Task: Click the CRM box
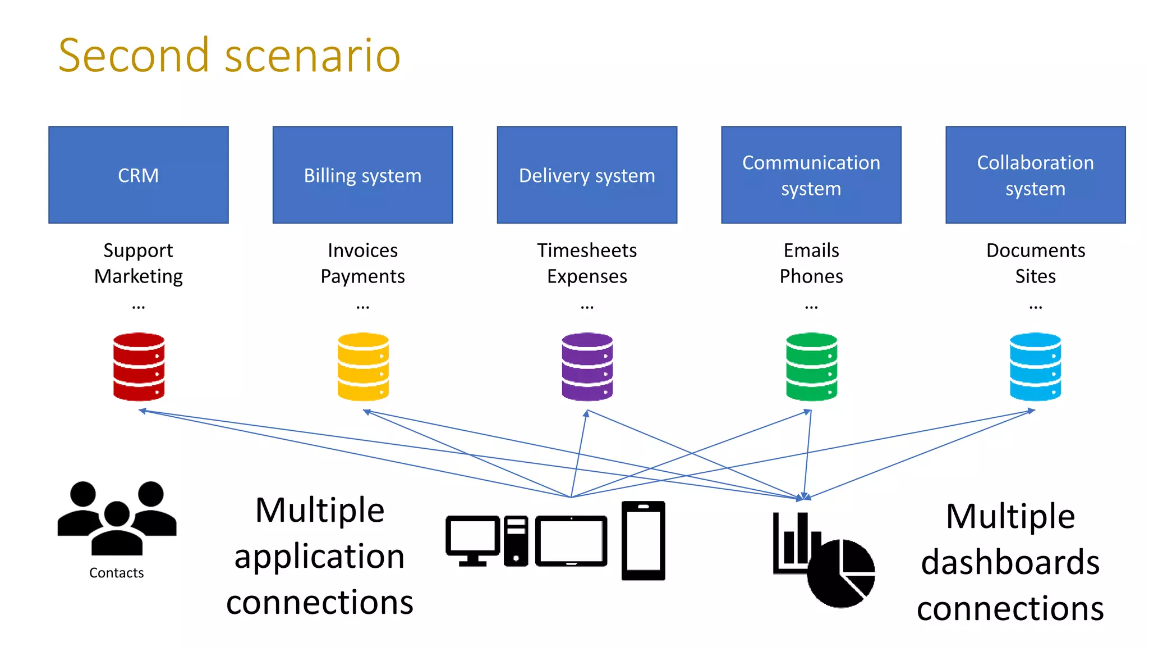[x=138, y=175]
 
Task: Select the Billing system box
[x=362, y=175]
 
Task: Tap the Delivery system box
[x=587, y=175]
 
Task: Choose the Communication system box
[x=811, y=175]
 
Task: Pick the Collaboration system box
[x=1035, y=175]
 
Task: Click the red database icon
[x=139, y=367]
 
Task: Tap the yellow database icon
[x=363, y=367]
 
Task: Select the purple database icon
[x=587, y=367]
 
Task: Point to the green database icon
[x=811, y=367]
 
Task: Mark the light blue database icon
[x=1035, y=367]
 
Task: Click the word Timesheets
[x=587, y=250]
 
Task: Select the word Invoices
[x=362, y=250]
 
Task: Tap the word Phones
[x=811, y=276]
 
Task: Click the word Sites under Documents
[x=1035, y=276]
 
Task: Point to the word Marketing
[x=138, y=276]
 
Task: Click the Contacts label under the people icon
[x=117, y=573]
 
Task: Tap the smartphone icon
[x=643, y=540]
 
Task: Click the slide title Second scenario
[x=229, y=55]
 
